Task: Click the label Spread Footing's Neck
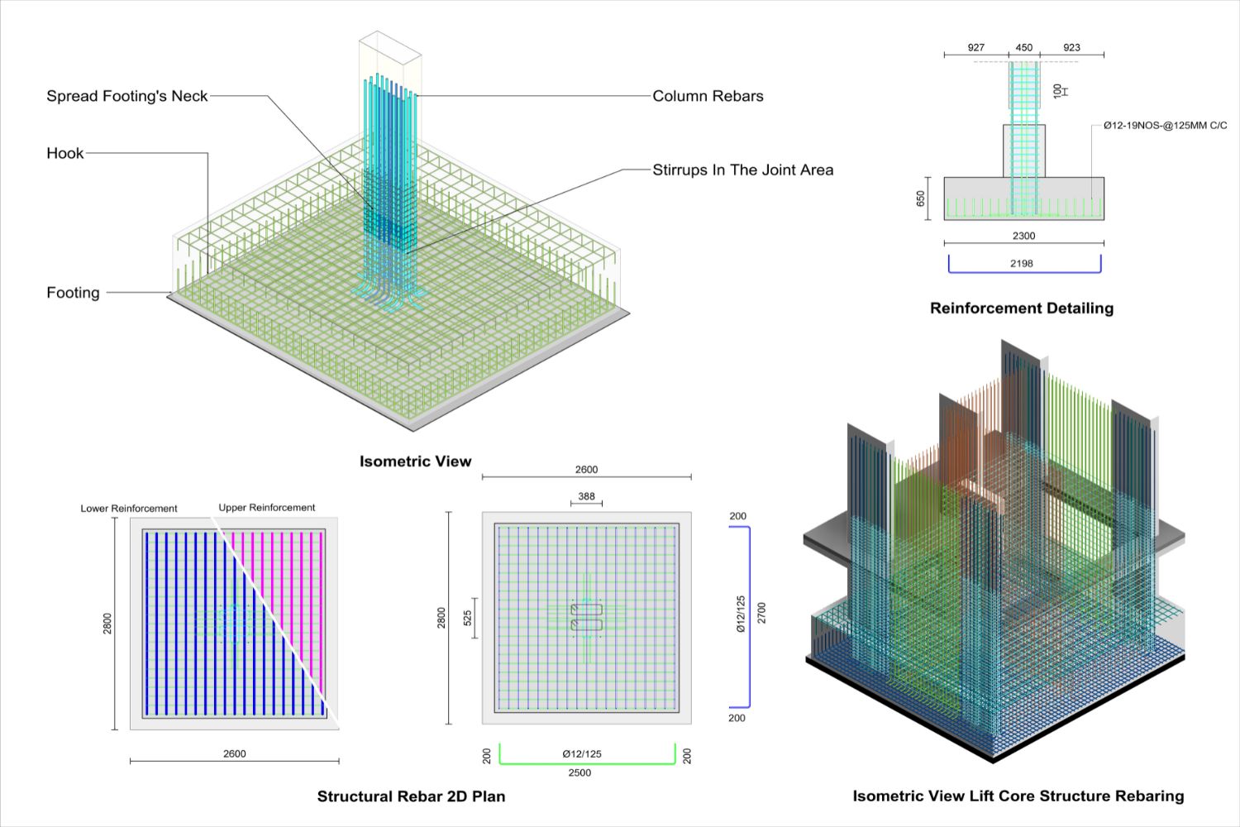(x=127, y=96)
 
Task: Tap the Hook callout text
(x=65, y=153)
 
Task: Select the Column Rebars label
(x=708, y=96)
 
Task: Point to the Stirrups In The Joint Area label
(x=742, y=170)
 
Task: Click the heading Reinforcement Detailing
(x=1021, y=308)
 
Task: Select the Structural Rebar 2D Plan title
(x=411, y=796)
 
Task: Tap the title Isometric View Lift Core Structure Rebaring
(x=1018, y=796)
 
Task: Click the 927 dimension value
(x=975, y=47)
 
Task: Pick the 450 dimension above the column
(x=1023, y=47)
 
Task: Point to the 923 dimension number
(x=1071, y=47)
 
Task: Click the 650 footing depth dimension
(x=921, y=198)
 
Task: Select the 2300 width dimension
(x=1023, y=236)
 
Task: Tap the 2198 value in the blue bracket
(x=1022, y=263)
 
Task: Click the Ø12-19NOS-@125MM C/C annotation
(x=1165, y=126)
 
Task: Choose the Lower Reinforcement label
(x=129, y=509)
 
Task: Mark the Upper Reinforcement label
(x=266, y=508)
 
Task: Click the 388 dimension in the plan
(x=586, y=496)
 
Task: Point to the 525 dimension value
(x=468, y=618)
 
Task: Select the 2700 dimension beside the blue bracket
(x=761, y=613)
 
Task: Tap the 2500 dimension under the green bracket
(x=579, y=772)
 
